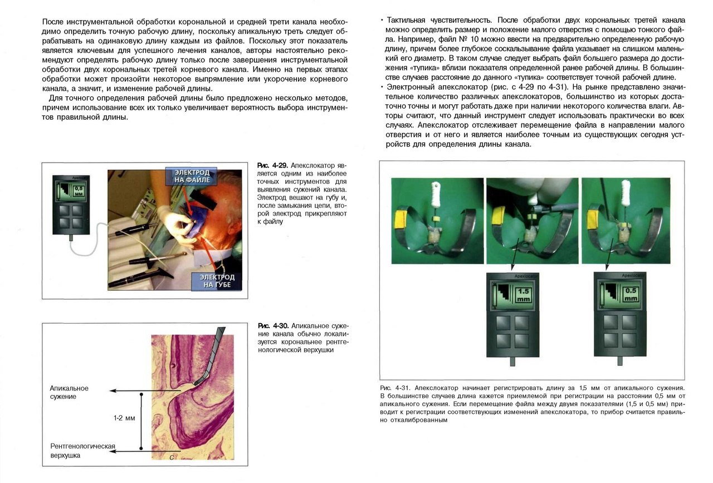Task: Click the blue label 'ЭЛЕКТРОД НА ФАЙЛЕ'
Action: [191, 177]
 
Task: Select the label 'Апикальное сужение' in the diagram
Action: [69, 392]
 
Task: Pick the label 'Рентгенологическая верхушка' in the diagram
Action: [82, 451]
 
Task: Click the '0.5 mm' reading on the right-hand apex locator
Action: [631, 294]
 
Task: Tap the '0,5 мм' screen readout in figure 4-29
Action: [79, 192]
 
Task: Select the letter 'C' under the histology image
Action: [172, 457]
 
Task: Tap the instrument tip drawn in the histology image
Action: [198, 383]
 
